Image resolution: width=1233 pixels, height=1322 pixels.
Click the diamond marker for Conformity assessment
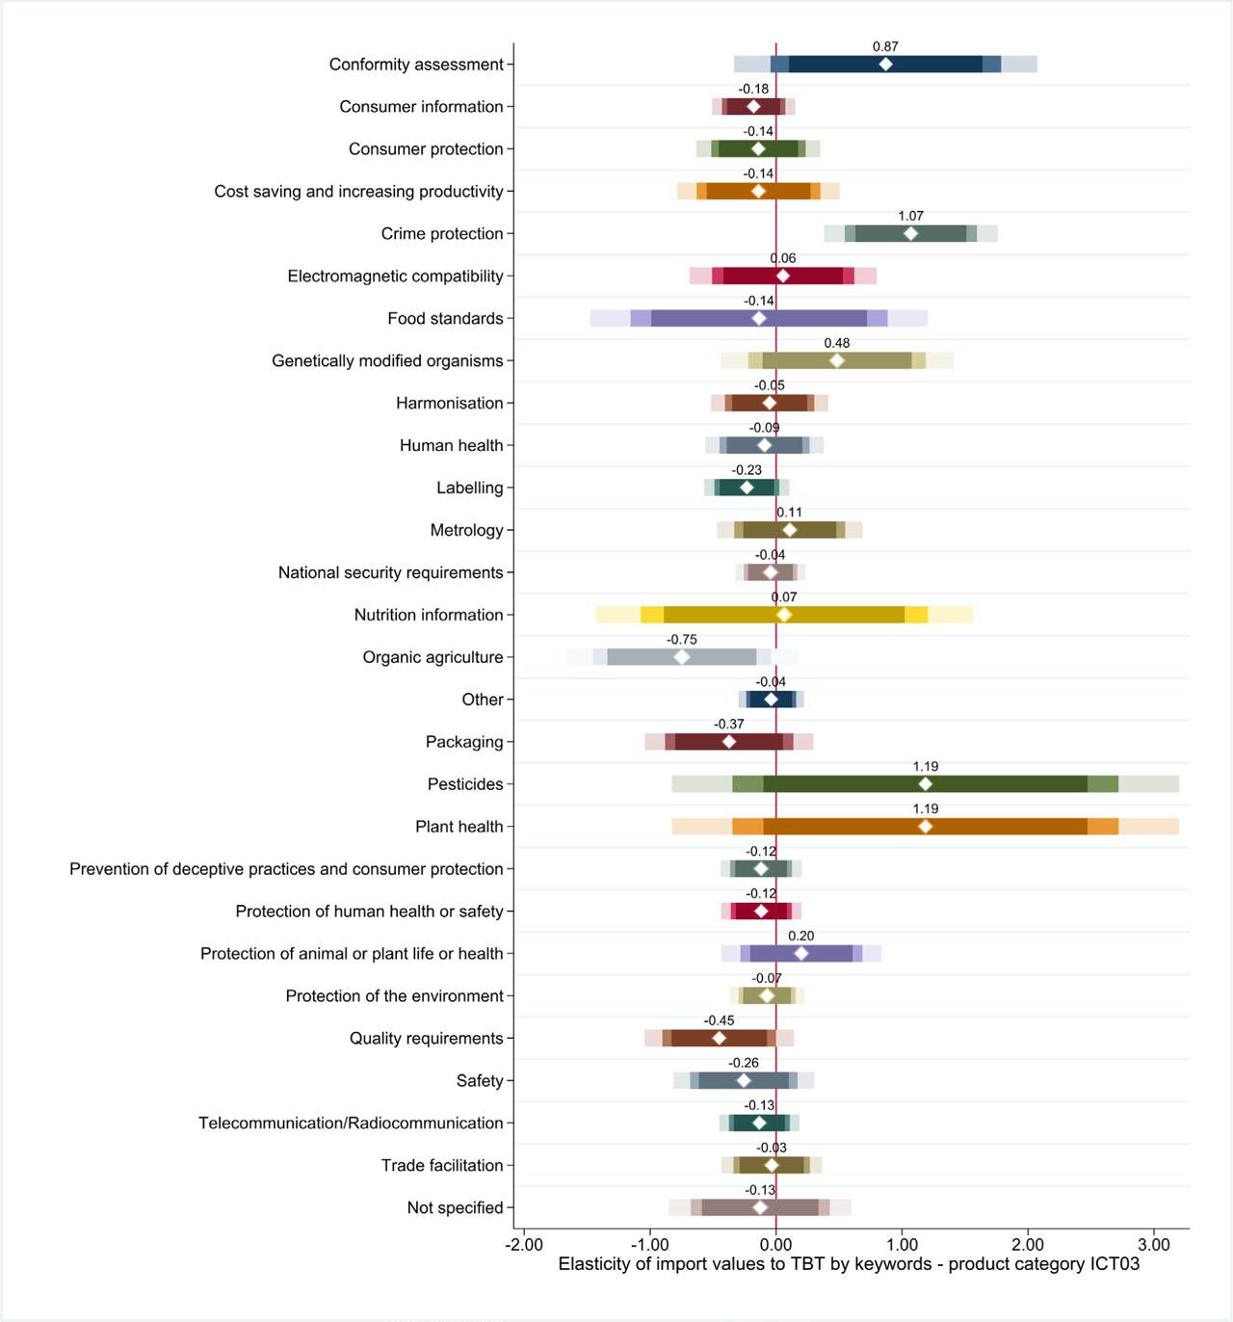click(885, 65)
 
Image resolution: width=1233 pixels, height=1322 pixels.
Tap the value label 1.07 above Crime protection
click(910, 216)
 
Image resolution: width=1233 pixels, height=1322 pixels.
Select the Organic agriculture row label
click(433, 657)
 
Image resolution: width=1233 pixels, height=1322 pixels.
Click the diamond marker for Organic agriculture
click(682, 657)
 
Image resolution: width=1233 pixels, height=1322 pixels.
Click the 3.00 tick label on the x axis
click(1154, 1244)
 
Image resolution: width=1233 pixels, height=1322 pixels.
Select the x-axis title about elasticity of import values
click(849, 1264)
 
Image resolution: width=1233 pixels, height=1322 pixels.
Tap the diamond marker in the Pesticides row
click(926, 784)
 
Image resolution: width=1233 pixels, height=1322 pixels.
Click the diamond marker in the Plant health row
click(926, 827)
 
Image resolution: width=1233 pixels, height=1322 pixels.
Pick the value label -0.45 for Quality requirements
click(719, 1020)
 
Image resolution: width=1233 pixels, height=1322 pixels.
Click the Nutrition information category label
click(429, 615)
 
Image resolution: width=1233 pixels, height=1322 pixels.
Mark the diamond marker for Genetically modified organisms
click(837, 360)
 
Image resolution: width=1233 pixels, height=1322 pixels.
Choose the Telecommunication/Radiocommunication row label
click(351, 1123)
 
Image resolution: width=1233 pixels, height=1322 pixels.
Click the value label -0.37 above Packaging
click(729, 725)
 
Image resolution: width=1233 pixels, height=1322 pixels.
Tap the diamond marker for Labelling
click(747, 488)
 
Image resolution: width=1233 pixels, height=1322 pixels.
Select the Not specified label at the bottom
click(455, 1207)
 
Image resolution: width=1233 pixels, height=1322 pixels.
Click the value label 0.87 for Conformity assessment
click(885, 46)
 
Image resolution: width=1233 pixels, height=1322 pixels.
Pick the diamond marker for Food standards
click(759, 318)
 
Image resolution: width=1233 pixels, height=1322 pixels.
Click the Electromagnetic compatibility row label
click(395, 276)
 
